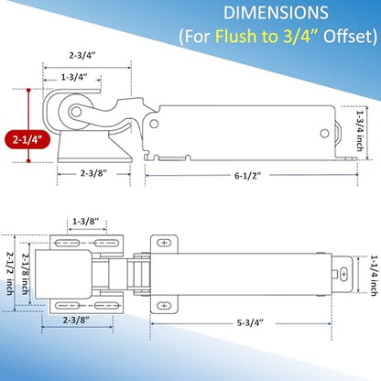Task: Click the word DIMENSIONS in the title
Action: (276, 13)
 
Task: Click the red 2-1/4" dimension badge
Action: (27, 139)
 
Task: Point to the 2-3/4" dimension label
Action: (82, 56)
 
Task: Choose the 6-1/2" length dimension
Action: (247, 176)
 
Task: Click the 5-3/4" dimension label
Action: (250, 322)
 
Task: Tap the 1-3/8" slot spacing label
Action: (86, 221)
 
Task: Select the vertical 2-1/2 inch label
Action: (10, 273)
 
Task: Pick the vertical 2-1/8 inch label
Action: (25, 274)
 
